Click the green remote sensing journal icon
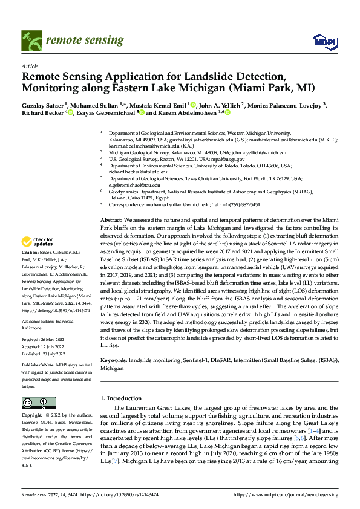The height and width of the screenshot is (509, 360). click(30, 41)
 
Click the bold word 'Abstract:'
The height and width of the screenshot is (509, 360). click(111, 220)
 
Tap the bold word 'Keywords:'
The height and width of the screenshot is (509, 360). click(114, 360)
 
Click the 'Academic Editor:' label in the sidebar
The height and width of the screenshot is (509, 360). click(39, 322)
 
